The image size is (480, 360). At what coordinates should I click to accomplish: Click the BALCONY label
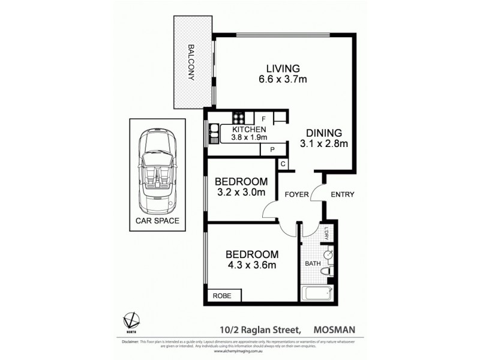coord(191,62)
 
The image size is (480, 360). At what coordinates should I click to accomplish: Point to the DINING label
coord(324,133)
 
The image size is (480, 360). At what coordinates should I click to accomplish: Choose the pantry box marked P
coord(272,149)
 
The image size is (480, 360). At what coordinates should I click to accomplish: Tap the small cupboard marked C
coord(283,164)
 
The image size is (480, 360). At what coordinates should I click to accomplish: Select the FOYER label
coord(296,194)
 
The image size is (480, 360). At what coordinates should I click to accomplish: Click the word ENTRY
coord(343,194)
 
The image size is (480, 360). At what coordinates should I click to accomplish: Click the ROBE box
coord(224,295)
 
